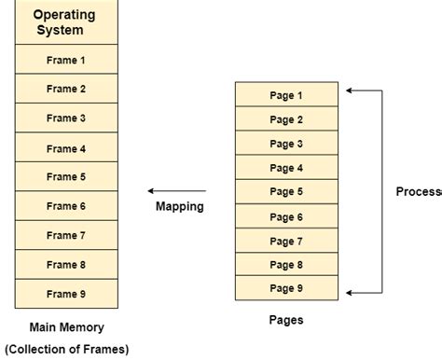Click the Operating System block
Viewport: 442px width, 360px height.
click(66, 22)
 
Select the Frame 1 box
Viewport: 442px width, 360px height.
click(66, 60)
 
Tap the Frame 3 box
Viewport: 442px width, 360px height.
click(66, 118)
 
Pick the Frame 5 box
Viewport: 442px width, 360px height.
click(66, 177)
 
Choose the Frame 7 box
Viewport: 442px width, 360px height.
click(66, 235)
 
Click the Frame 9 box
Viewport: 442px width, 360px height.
click(66, 294)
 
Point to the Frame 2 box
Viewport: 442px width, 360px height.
click(66, 90)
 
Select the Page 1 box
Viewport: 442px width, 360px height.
click(286, 95)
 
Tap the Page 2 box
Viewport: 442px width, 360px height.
click(286, 119)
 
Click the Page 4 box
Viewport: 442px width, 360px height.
click(286, 168)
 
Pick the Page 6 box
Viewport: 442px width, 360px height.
click(286, 216)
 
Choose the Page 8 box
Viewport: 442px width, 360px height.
click(286, 265)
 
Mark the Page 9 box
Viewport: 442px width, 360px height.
click(286, 288)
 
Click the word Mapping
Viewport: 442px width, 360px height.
click(180, 206)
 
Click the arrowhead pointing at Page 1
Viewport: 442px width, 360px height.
click(349, 90)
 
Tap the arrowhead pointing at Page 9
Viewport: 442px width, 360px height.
click(349, 292)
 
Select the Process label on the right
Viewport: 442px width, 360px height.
click(419, 191)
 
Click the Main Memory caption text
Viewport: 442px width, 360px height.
click(66, 327)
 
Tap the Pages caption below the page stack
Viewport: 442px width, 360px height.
click(286, 319)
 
